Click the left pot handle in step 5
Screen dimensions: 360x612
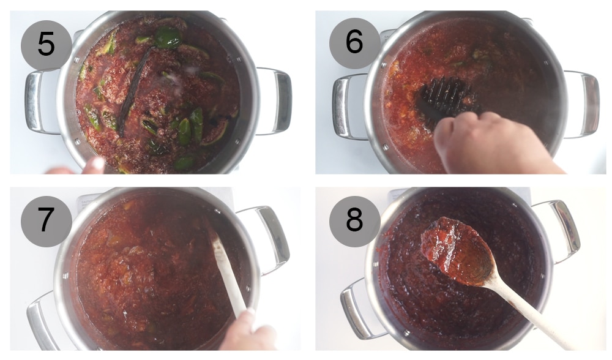[38, 101]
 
